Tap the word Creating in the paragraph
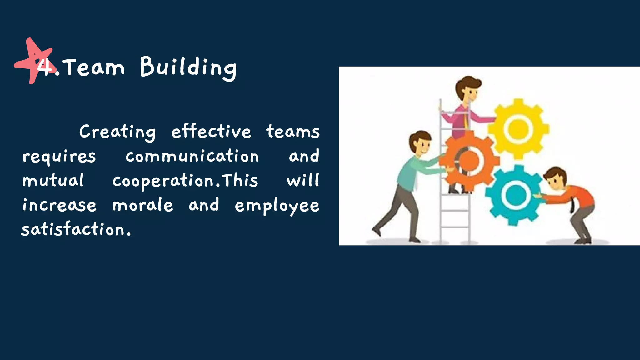(117, 132)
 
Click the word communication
(192, 156)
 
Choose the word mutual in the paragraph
(53, 180)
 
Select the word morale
(143, 205)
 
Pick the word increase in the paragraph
(59, 205)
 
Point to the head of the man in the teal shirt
(421, 142)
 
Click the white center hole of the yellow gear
(518, 129)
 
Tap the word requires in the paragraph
(59, 157)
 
